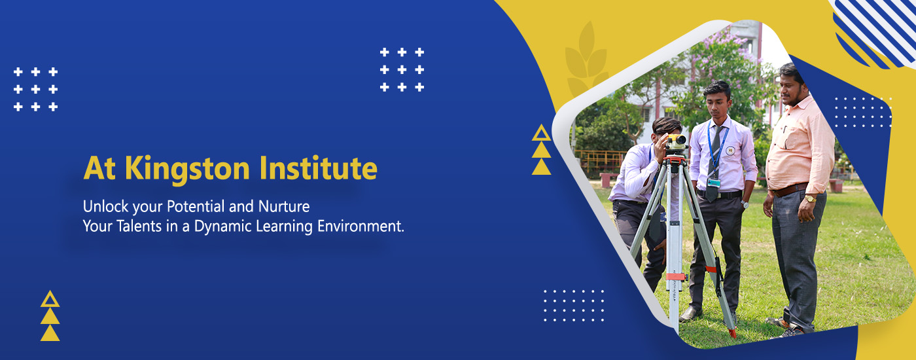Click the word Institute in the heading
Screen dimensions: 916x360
click(x=318, y=168)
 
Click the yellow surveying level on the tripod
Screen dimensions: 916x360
click(x=675, y=143)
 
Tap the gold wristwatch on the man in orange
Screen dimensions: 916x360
click(x=810, y=198)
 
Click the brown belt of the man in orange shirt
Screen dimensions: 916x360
click(x=789, y=189)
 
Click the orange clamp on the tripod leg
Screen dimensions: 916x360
click(x=675, y=276)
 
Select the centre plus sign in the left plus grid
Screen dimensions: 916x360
click(x=35, y=89)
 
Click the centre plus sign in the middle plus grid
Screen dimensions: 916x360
click(x=402, y=69)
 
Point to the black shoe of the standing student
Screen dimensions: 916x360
click(x=691, y=314)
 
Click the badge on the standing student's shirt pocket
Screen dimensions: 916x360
click(x=730, y=150)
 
